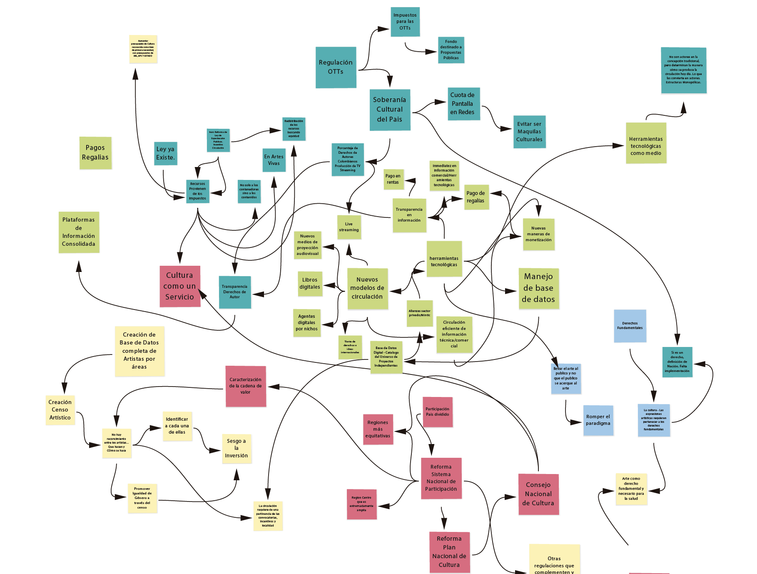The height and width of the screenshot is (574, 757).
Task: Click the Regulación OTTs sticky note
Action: tap(336, 67)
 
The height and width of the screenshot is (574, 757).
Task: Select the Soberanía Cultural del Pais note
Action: tap(390, 110)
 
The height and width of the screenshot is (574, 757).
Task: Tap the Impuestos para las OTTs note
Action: tap(405, 22)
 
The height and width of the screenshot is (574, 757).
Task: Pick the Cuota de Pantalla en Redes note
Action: tap(463, 104)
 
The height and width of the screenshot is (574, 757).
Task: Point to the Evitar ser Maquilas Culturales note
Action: tap(529, 132)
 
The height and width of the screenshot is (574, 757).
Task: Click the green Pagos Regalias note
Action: tap(95, 152)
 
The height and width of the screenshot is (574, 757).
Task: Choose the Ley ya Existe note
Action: tap(165, 153)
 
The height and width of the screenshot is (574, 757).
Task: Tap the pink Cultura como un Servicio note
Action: tap(180, 286)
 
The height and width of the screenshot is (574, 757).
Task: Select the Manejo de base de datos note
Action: tap(538, 288)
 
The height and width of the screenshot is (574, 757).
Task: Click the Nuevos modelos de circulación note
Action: tap(367, 288)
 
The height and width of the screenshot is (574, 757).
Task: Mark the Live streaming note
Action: tap(349, 227)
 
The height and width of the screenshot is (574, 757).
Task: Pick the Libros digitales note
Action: tap(310, 284)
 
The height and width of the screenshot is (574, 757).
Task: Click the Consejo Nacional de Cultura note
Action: tap(538, 494)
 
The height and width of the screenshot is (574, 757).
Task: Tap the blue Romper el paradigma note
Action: tap(598, 420)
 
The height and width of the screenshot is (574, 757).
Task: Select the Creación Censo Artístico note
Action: tap(60, 410)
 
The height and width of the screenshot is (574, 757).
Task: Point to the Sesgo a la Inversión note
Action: tap(237, 448)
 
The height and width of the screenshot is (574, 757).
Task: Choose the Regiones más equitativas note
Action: tap(378, 429)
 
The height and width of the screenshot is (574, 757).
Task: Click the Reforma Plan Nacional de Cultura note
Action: tap(449, 552)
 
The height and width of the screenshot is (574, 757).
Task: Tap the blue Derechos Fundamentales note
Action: tap(630, 326)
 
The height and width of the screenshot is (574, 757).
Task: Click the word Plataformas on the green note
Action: tap(79, 220)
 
